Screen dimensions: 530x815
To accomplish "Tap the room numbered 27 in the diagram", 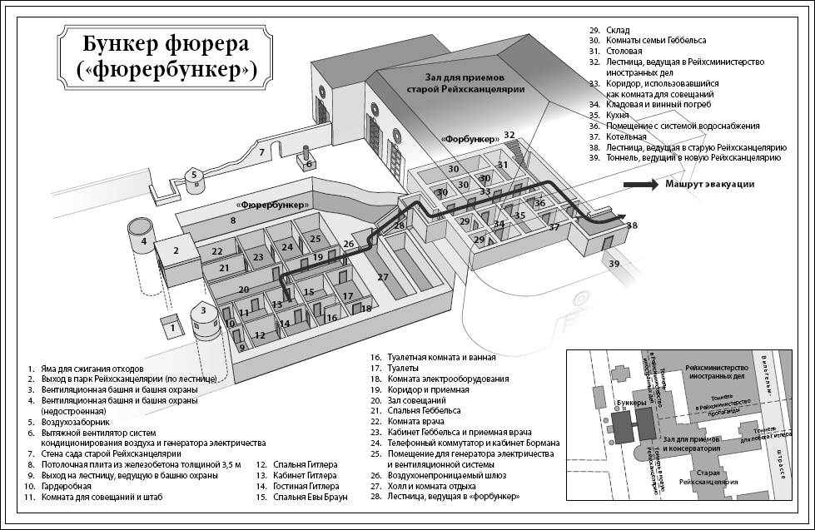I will point(383,276).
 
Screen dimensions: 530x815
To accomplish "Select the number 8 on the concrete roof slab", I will point(233,220).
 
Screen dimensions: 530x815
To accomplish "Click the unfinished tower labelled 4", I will point(144,241).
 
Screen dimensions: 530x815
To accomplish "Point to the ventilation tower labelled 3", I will point(203,320).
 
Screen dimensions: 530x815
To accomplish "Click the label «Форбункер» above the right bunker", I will point(471,137).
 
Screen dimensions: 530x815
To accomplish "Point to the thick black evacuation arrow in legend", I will point(640,185).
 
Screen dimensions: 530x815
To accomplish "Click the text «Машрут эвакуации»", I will point(709,185).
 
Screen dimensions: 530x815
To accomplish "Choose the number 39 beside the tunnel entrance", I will point(614,263).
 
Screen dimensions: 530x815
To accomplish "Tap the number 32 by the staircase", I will point(509,135).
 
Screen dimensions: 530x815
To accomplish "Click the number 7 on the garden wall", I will point(261,152).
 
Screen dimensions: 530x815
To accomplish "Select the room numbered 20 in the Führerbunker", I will point(244,290).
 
